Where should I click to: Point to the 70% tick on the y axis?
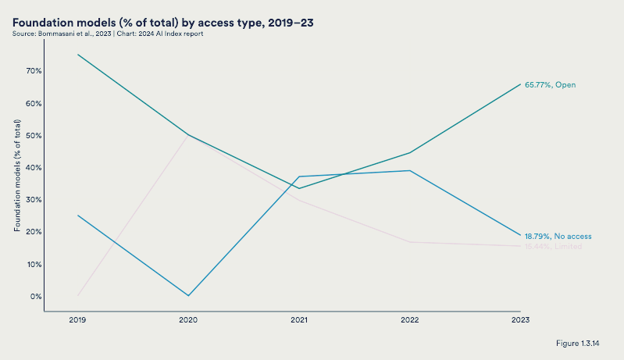coord(34,71)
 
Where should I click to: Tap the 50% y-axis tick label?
coord(34,135)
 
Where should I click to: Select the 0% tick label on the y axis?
coord(36,296)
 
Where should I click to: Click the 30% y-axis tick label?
coord(34,200)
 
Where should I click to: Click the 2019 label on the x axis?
coord(77,320)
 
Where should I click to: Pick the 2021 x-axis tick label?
coord(298,320)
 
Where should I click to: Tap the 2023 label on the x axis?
coord(520,320)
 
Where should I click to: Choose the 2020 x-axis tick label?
coord(188,320)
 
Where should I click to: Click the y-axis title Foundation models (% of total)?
coord(17,176)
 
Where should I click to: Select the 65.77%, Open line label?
coord(550,84)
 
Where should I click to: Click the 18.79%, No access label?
coord(558,236)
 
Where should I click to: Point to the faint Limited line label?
coord(553,246)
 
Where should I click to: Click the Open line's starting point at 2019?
coord(77,55)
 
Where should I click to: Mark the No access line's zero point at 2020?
coord(188,295)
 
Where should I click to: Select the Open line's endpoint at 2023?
coord(520,84)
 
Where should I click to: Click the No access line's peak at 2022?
coord(409,170)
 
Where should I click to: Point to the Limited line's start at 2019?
coord(77,295)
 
